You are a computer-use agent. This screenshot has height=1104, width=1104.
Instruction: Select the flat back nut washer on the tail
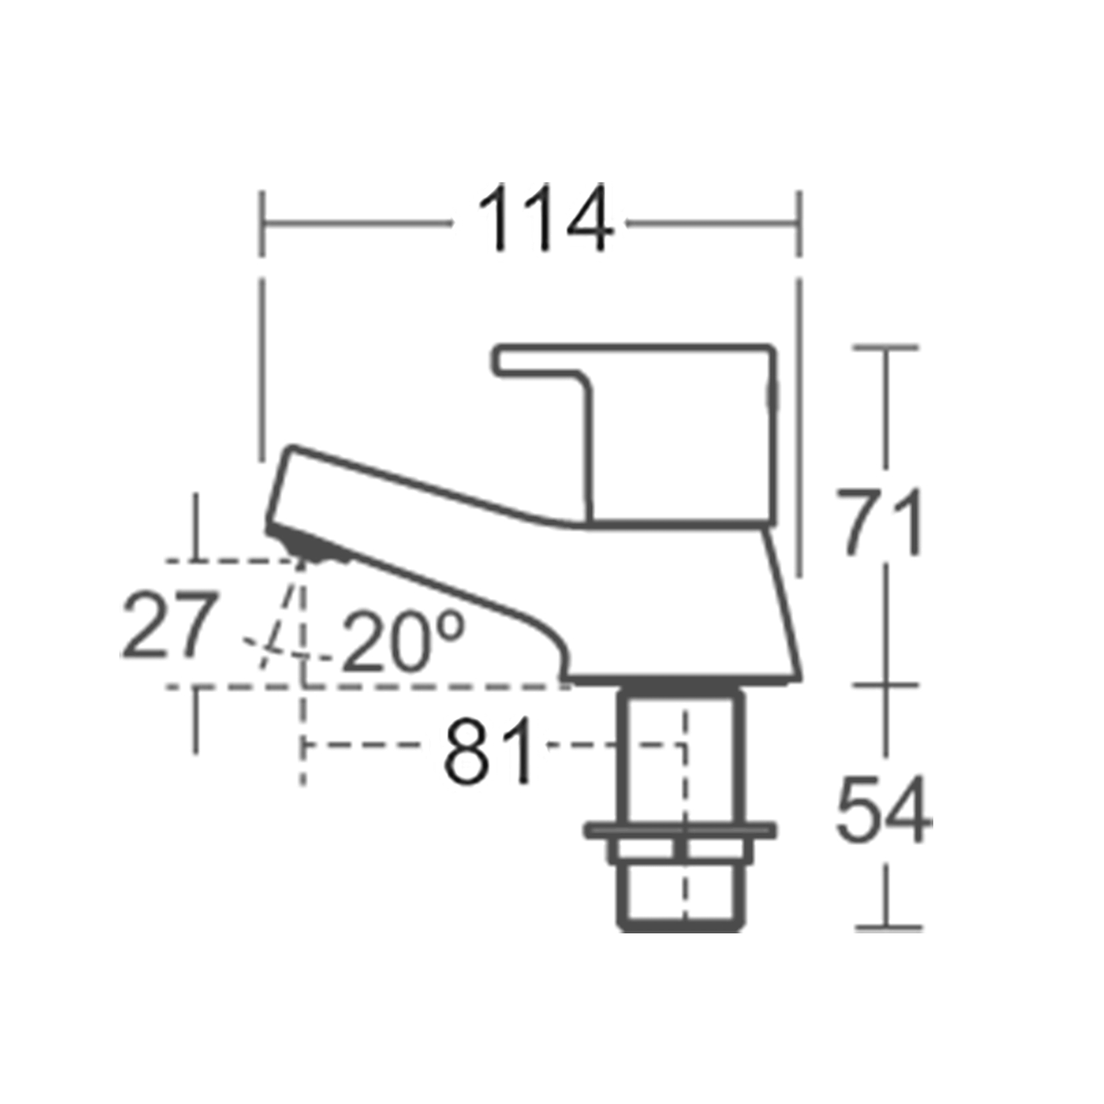(x=680, y=830)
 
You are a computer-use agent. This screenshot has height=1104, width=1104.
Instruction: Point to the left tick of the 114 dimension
(x=262, y=224)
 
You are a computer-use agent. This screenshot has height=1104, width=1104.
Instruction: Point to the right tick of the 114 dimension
(x=799, y=224)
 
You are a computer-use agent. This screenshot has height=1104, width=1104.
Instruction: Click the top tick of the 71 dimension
(x=886, y=347)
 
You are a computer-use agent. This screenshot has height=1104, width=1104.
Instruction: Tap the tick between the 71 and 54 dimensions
(x=886, y=684)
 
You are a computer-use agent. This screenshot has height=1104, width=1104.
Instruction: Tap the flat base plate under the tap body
(x=680, y=680)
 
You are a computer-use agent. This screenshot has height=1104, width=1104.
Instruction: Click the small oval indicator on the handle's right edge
(x=774, y=396)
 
